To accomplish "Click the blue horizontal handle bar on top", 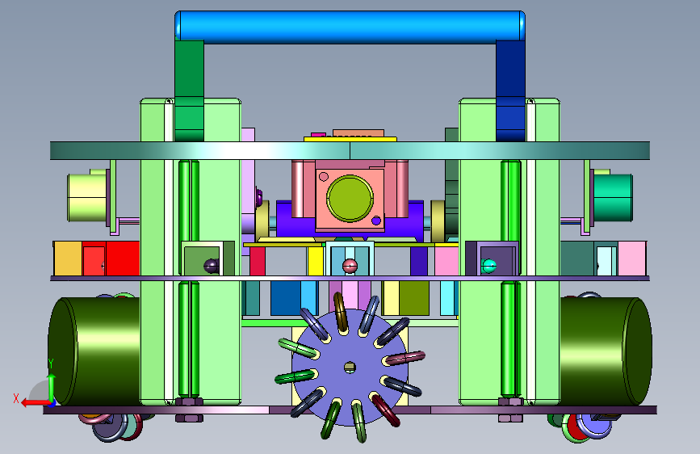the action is pos(350,27).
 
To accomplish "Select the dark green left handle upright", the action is pos(189,90).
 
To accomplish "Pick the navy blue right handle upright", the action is pos(510,90).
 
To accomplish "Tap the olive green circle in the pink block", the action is pos(350,199).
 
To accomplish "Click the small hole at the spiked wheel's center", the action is pos(350,368).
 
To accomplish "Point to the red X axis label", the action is pos(16,398).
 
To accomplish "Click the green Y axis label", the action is pos(51,364).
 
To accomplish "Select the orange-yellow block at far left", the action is pos(68,259).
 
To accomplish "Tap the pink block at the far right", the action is pos(631,259).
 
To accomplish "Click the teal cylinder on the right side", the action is pos(613,197).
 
